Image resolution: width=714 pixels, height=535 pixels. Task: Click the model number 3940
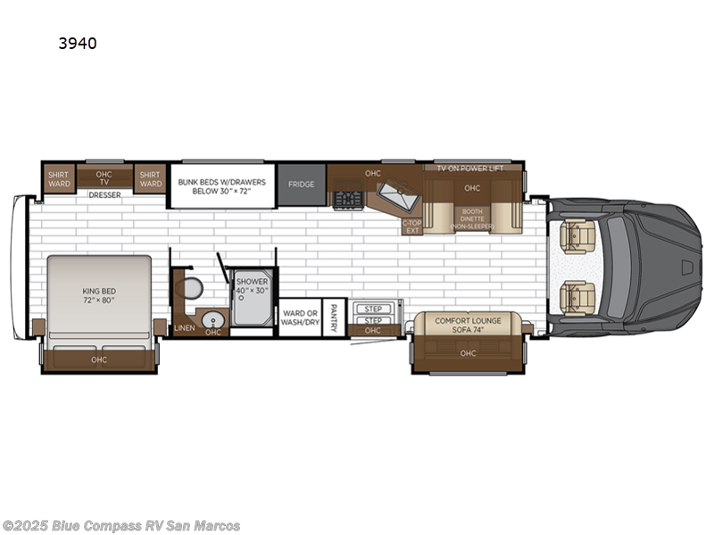coord(79,42)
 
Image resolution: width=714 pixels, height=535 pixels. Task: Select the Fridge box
coord(301,185)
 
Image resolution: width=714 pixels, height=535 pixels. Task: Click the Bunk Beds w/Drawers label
coord(222,185)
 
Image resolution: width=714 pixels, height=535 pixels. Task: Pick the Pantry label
coord(333,317)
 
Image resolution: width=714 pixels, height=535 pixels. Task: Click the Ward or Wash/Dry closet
coord(300,317)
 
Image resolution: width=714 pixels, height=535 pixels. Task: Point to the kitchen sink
coord(392,193)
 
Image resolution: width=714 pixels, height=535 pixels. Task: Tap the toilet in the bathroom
coord(192,287)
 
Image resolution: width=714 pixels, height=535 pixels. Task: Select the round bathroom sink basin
coord(213,318)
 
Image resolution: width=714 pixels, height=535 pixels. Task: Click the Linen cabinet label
coord(184,328)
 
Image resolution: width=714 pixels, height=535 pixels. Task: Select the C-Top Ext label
coord(411,226)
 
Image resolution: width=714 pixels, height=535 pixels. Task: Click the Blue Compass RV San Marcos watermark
coord(121,525)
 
